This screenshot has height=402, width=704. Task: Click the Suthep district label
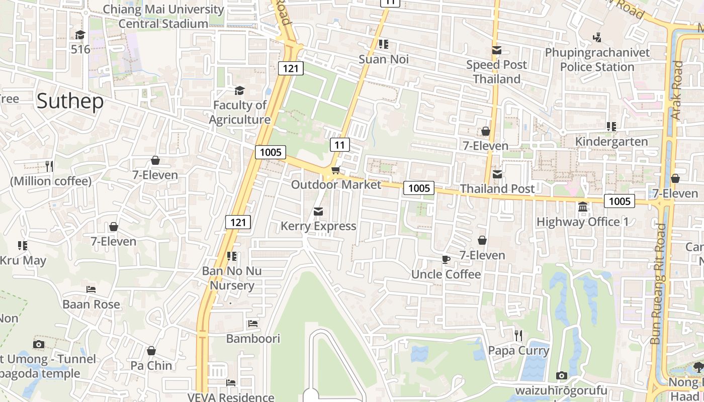[x=70, y=102]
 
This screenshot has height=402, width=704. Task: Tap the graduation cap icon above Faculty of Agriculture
[x=239, y=90]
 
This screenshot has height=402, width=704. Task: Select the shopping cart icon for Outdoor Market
[x=335, y=170]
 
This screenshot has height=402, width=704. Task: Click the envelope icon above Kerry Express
[x=318, y=212]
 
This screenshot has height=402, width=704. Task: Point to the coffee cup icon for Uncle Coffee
[x=446, y=259]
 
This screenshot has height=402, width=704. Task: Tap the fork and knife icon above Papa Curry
[x=518, y=335]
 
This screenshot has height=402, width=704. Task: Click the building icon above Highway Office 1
[x=583, y=207]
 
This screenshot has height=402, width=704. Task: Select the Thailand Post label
[x=497, y=189]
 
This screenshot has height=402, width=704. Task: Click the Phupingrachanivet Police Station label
[x=597, y=60]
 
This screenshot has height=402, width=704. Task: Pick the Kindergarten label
[x=611, y=142]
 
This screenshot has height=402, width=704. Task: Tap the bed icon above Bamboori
[x=253, y=324]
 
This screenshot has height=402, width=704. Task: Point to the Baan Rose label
[x=92, y=305]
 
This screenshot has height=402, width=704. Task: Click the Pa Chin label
[x=151, y=366]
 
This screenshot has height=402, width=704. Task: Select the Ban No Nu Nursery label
[x=232, y=278]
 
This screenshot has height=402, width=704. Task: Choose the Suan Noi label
[x=384, y=59]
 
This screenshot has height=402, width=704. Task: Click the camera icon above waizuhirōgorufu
[x=562, y=375]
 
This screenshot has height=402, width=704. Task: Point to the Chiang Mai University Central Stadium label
[x=163, y=17]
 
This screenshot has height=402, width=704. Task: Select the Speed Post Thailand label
[x=497, y=72]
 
